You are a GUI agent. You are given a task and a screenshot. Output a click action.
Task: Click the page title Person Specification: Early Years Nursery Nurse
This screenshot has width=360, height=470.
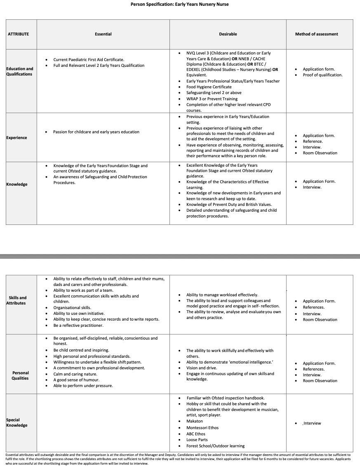click(x=179, y=5)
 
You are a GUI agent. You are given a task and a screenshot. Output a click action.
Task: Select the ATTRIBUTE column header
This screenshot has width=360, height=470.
click(x=19, y=34)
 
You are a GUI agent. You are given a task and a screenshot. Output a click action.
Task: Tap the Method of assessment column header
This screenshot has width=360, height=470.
click(x=316, y=34)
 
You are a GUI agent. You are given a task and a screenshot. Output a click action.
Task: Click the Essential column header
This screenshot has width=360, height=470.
click(x=103, y=34)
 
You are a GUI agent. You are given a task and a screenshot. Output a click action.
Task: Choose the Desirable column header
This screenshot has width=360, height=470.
click(x=228, y=34)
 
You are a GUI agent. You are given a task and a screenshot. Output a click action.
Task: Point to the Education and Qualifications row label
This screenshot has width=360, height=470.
click(x=20, y=71)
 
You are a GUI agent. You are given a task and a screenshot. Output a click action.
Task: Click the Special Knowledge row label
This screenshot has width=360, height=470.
click(x=17, y=423)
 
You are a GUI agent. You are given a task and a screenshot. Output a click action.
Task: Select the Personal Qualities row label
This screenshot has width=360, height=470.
click(x=20, y=375)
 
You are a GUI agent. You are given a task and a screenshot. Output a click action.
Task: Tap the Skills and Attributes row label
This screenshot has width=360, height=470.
click(x=17, y=300)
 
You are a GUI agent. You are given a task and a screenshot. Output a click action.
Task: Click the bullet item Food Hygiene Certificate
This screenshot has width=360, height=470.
click(x=209, y=87)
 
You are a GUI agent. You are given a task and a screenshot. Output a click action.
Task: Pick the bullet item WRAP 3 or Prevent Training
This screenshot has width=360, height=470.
click(x=212, y=99)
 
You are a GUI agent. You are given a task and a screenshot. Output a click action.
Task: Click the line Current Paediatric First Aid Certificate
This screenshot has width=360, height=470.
click(x=89, y=60)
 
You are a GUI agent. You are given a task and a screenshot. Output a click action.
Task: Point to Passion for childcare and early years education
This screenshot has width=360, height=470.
click(x=96, y=132)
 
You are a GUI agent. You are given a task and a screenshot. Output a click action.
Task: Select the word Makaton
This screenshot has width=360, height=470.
click(x=195, y=421)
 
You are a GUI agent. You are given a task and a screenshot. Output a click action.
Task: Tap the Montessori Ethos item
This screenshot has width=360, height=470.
click(x=202, y=428)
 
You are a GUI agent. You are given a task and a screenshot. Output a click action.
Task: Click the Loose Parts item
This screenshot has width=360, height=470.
click(x=197, y=440)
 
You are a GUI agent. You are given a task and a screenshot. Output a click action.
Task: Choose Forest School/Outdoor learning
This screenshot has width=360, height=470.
click(x=215, y=446)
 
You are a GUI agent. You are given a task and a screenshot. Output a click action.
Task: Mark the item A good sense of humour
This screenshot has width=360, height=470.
click(x=77, y=380)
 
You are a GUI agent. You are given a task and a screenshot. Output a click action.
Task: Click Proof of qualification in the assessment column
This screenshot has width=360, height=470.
click(x=322, y=75)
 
